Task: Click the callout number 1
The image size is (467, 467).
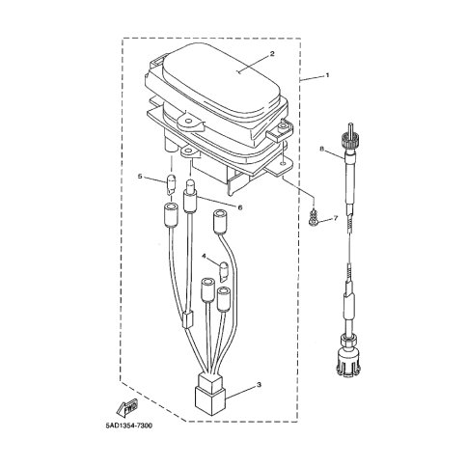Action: pyautogui.click(x=328, y=75)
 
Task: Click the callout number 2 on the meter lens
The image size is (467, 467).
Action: pyautogui.click(x=272, y=54)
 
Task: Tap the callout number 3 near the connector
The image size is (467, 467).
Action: pyautogui.click(x=260, y=385)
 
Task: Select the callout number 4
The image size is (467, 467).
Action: pyautogui.click(x=204, y=256)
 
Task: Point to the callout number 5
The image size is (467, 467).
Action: pyautogui.click(x=140, y=177)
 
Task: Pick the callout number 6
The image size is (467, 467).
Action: pyautogui.click(x=240, y=207)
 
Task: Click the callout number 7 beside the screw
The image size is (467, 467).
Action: pyautogui.click(x=336, y=218)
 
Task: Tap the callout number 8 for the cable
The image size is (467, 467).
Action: pyautogui.click(x=321, y=149)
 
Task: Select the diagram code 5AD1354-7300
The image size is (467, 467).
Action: pyautogui.click(x=129, y=426)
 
